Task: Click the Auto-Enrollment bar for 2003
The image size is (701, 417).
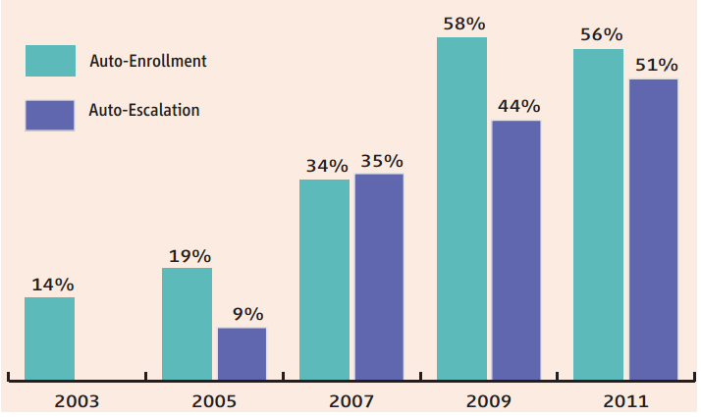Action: coord(49,339)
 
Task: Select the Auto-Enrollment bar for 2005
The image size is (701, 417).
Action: coord(187,324)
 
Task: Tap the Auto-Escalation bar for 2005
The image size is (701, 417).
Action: coord(242,353)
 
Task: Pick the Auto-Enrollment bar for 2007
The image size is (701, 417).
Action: coord(324,280)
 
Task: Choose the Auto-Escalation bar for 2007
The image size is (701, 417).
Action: coord(379,277)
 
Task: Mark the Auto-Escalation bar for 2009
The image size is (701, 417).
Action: coord(516,250)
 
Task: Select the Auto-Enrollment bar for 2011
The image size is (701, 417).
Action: coord(598,214)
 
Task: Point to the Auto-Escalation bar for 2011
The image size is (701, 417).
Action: coord(653,229)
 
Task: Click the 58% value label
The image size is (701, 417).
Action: coord(461,21)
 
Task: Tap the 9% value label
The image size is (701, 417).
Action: coord(246,314)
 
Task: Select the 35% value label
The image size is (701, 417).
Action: coord(382,161)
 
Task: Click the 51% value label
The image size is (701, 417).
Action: coord(655,65)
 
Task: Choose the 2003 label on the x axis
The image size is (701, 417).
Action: coord(77,400)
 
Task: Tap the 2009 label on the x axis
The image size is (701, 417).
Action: coord(488,400)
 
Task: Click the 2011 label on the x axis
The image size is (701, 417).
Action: coord(625,400)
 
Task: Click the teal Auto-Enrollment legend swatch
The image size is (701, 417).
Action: coord(50,62)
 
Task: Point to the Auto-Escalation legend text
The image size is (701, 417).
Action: coord(144,110)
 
